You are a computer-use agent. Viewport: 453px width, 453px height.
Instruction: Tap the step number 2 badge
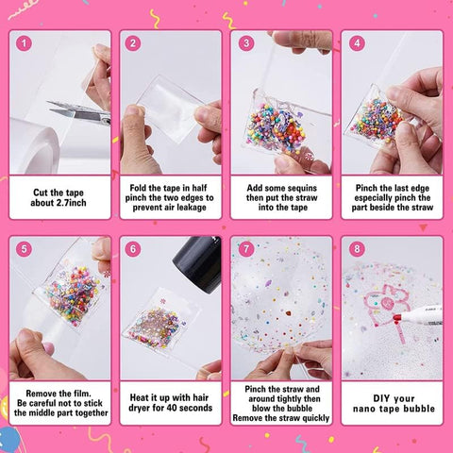click(134, 43)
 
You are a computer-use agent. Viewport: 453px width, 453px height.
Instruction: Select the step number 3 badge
click(245, 43)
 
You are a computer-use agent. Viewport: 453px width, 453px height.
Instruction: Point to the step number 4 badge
click(357, 43)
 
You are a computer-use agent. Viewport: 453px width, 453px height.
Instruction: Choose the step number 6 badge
click(134, 249)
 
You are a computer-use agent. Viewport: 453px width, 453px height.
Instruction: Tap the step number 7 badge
click(245, 249)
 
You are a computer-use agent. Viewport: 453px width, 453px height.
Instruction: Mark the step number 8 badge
click(357, 249)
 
